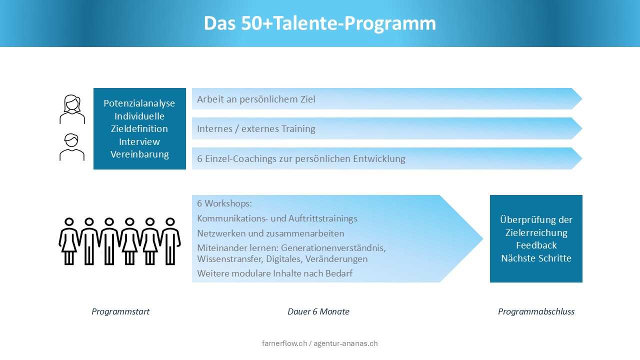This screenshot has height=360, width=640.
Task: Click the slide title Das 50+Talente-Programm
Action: click(x=319, y=23)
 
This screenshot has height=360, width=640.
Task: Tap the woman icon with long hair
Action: click(x=72, y=109)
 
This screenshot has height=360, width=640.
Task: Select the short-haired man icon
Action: click(x=71, y=147)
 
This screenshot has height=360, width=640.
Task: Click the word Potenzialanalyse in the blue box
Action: click(x=139, y=103)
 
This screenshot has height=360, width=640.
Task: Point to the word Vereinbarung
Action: click(x=139, y=154)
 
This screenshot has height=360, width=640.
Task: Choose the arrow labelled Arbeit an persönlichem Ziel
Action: click(x=387, y=99)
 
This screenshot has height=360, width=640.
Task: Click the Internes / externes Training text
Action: click(x=256, y=128)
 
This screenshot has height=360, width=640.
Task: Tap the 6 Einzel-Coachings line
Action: click(x=301, y=158)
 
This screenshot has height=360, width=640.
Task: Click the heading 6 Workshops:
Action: click(x=224, y=203)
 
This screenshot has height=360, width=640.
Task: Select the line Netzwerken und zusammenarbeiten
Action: click(x=270, y=233)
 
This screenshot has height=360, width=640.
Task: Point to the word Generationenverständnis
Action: click(x=333, y=247)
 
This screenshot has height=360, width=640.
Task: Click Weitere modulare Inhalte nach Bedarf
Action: click(x=274, y=273)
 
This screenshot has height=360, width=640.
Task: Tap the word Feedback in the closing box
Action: click(x=536, y=245)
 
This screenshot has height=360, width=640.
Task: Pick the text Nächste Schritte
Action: click(x=536, y=258)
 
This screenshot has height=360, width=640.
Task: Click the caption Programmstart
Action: click(x=120, y=311)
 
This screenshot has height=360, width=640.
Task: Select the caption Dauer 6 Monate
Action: click(x=318, y=311)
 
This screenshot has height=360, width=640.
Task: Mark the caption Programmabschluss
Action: click(x=536, y=311)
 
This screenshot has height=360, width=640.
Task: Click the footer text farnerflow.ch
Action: click(x=284, y=343)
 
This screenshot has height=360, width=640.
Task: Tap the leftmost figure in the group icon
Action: click(x=69, y=241)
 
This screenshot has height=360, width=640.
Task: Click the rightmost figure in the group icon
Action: click(x=170, y=241)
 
